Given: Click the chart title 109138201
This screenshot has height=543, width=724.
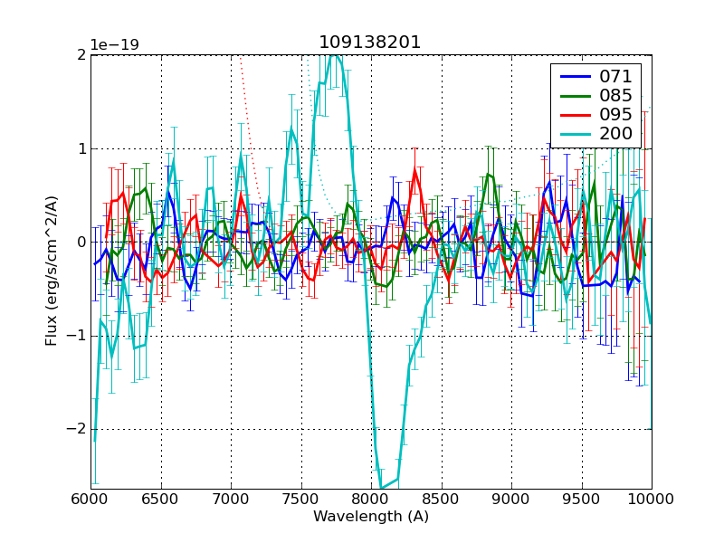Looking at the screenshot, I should [370, 43].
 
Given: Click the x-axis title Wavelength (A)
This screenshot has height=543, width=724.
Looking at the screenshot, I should [371, 517].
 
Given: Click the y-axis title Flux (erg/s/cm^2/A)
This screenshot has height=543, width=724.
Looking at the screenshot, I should [52, 271].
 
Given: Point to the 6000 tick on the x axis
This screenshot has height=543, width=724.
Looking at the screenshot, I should [90, 499].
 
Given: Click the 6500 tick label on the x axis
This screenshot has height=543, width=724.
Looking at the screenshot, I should [161, 499].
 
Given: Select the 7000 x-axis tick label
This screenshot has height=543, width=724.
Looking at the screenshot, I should [231, 499].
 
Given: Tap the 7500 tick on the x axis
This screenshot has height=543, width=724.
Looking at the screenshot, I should [301, 499].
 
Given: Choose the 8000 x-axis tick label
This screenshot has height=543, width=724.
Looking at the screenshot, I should [371, 499].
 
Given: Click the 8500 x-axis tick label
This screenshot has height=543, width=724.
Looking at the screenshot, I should [442, 499].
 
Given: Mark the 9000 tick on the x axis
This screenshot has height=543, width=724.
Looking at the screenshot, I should [511, 499].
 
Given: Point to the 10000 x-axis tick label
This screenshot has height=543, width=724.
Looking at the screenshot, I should [652, 499].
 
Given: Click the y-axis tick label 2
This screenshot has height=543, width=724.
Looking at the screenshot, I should [81, 55].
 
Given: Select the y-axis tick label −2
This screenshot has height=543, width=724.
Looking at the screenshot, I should [76, 429].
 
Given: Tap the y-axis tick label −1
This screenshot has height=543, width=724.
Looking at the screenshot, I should [76, 336].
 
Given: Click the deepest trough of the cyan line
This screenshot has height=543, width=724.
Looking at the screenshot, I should [382, 488].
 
